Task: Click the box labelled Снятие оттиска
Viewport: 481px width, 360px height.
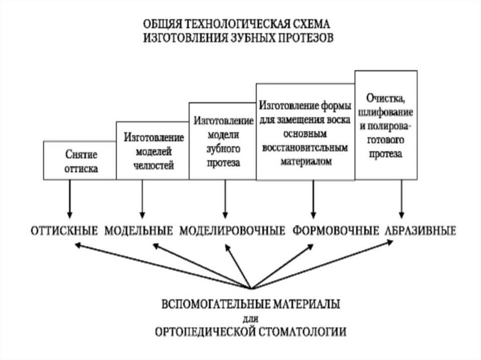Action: click(79, 160)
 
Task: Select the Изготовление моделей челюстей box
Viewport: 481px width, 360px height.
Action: click(153, 151)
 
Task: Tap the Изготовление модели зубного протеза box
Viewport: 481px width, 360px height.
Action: click(223, 141)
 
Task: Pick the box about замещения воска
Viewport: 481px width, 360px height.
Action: click(305, 132)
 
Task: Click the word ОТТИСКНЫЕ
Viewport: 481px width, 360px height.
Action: click(64, 230)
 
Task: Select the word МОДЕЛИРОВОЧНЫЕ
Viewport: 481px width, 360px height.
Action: click(233, 230)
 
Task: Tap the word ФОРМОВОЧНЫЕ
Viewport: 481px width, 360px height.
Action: click(336, 230)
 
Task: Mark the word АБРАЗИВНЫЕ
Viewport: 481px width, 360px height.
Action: click(420, 230)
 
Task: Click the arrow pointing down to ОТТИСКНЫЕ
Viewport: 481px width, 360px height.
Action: click(69, 198)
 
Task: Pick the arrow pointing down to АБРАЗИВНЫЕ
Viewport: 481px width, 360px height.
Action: click(401, 198)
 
